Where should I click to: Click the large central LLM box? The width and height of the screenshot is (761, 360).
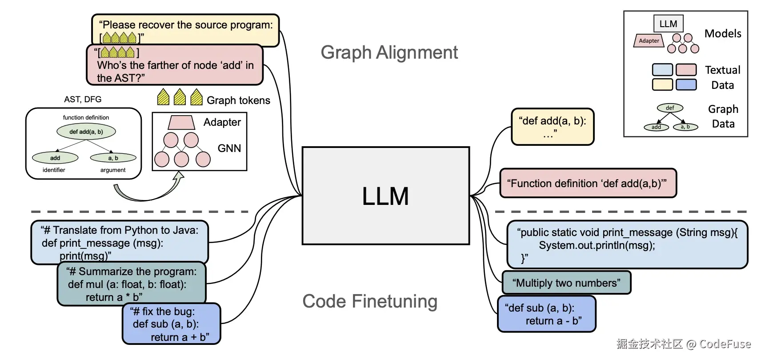point(385,196)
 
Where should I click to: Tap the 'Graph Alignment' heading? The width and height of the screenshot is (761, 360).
point(389,52)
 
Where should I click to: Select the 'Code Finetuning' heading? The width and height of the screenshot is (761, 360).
point(370,301)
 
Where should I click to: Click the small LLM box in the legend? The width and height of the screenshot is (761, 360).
point(668,24)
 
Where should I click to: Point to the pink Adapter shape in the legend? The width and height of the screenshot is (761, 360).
point(649,40)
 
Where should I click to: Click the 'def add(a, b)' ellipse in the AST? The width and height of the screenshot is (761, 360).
point(86,132)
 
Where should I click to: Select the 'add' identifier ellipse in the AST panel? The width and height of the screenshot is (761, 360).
point(55,158)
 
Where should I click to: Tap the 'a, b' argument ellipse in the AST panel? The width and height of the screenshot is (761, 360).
point(113,158)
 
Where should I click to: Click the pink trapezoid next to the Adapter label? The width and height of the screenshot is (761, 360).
point(181,122)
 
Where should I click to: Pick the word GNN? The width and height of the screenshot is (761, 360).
point(229,148)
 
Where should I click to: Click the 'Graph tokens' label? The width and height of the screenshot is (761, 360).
point(238,100)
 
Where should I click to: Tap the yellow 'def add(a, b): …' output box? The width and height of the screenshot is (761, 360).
point(553,127)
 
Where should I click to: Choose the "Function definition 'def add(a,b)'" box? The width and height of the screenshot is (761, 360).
point(588,183)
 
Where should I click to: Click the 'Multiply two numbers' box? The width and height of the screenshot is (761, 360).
point(566,283)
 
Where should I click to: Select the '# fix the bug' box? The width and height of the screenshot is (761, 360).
point(171,324)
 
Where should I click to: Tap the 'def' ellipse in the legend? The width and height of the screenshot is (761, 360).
point(670,108)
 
